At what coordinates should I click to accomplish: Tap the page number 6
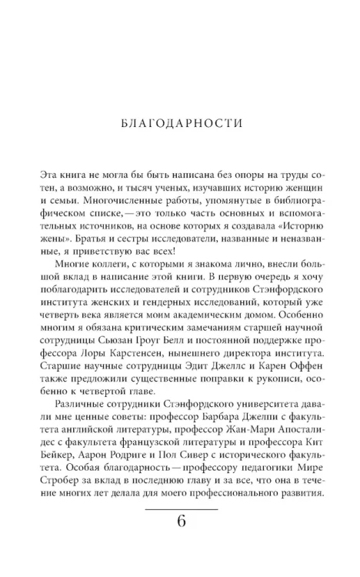point(181,521)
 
